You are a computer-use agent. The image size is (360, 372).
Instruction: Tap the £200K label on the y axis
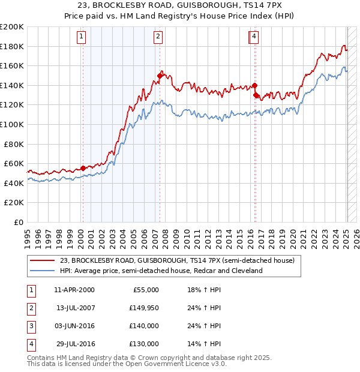[12, 27]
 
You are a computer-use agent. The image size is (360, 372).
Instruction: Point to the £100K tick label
[12, 124]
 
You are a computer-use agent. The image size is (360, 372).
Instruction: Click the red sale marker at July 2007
[160, 76]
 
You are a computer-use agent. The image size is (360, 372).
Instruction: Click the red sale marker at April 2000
[83, 168]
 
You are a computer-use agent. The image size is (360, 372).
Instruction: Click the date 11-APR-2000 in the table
[74, 290]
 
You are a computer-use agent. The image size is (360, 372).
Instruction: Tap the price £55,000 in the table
[145, 290]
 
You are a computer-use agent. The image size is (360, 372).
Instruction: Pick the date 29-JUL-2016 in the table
[76, 344]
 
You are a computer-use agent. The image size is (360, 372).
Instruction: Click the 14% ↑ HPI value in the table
[204, 344]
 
